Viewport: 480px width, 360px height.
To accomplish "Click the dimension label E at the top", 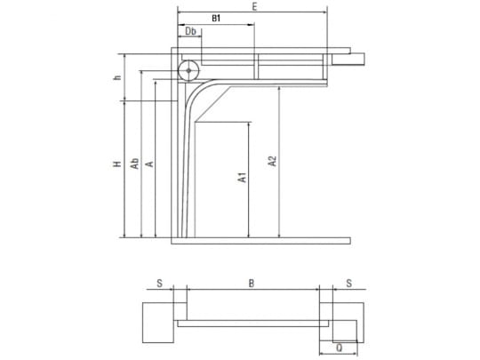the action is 254,7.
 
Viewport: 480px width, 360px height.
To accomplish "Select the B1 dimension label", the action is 216,19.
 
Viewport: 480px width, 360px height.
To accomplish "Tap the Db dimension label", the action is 191,31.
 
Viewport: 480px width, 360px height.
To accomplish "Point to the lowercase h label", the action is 117,77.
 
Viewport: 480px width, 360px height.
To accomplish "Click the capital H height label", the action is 117,164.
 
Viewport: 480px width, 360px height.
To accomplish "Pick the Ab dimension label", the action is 135,164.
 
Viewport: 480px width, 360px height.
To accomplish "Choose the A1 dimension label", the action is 242,178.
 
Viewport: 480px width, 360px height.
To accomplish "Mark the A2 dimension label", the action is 272,162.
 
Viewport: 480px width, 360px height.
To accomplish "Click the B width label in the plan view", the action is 251,284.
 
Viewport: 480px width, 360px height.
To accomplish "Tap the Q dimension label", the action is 340,348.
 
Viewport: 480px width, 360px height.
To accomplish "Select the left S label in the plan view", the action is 159,284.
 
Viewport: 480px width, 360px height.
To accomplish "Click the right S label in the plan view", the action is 349,284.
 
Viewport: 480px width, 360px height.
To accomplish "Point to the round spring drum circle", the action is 188,71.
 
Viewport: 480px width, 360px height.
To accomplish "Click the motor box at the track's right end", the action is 348,59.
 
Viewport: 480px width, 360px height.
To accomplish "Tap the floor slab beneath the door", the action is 260,241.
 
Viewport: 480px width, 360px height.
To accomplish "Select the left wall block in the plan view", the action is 158,323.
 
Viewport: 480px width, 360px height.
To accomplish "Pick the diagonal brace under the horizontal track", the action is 213,104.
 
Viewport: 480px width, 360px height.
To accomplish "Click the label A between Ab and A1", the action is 150,164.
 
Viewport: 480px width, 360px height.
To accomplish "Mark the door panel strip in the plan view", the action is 252,324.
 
